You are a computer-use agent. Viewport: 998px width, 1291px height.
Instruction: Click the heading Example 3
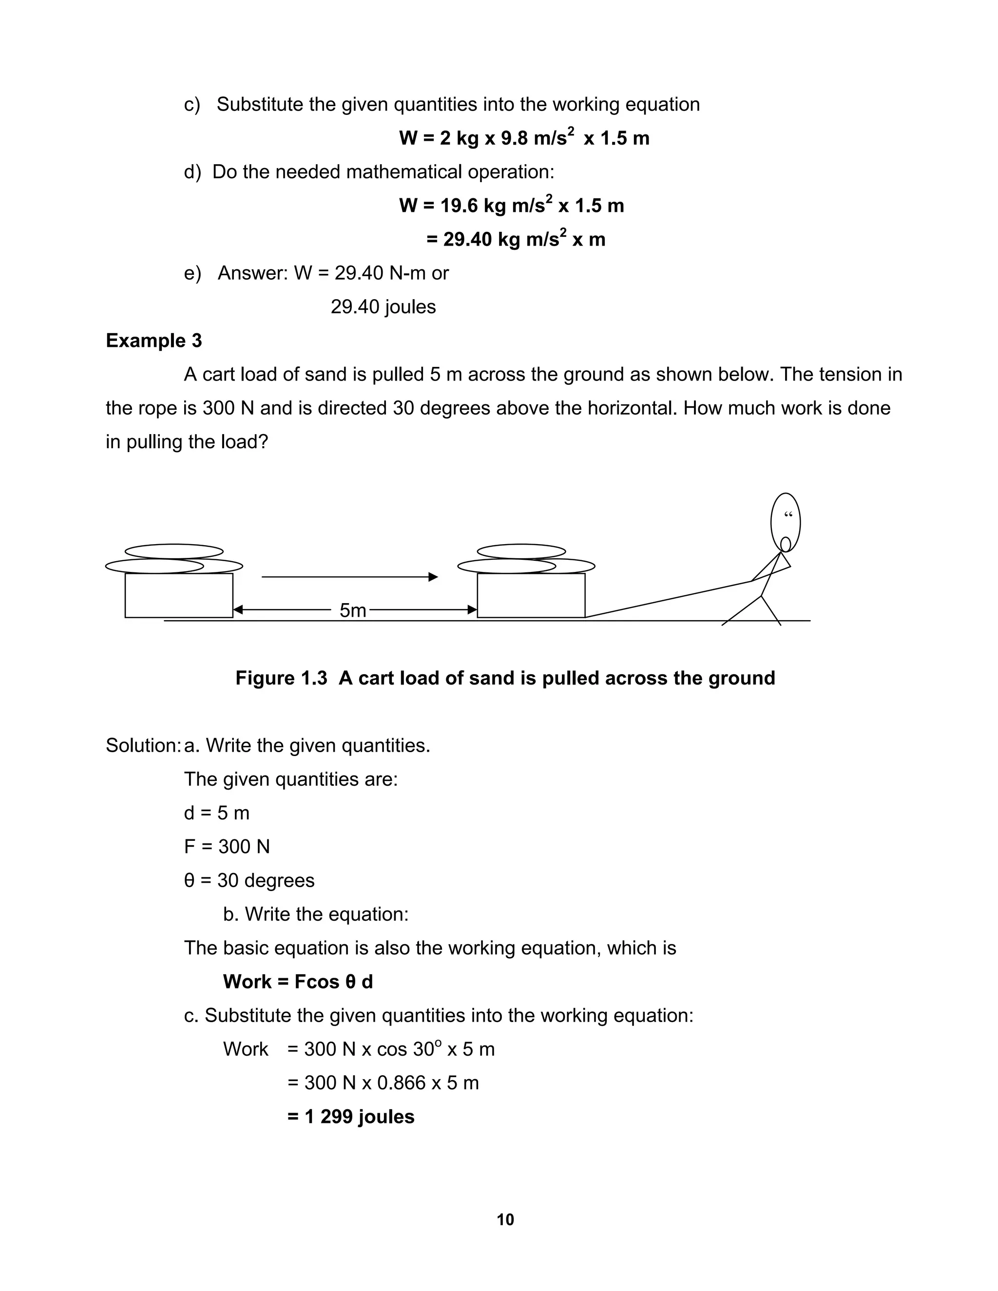tap(154, 341)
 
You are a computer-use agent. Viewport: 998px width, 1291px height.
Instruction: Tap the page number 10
tap(505, 1219)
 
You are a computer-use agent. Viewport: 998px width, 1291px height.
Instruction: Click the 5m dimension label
tap(352, 610)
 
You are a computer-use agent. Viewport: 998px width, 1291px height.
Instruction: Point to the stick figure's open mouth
tap(785, 543)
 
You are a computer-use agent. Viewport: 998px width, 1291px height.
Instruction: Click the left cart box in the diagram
tap(178, 595)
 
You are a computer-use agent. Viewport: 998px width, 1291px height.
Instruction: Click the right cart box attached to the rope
tap(531, 595)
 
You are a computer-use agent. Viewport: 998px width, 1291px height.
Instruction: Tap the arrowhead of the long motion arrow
tap(433, 577)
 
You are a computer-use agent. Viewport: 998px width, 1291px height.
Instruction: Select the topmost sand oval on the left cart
tap(174, 551)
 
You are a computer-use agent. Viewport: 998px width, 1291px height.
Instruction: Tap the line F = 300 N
tap(227, 847)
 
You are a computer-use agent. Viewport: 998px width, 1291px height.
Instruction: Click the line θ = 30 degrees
tap(249, 880)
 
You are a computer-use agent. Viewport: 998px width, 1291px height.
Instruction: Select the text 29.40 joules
tap(383, 307)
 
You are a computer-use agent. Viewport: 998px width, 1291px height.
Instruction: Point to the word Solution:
tap(142, 745)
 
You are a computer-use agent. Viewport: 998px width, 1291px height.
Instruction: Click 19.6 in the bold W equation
tap(460, 206)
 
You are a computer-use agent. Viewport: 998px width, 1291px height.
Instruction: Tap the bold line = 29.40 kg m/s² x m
tap(516, 239)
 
